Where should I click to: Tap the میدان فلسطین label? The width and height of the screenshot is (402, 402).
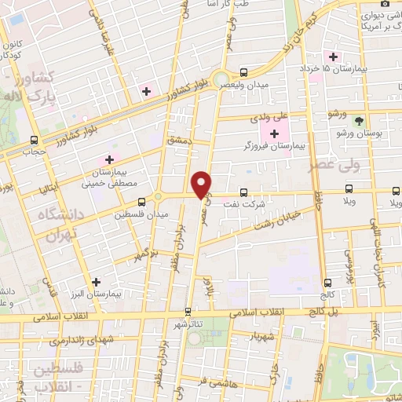coord(135,214)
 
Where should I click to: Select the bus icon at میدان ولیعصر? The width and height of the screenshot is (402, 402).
coord(243,71)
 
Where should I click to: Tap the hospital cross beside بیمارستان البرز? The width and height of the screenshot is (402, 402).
coord(96,281)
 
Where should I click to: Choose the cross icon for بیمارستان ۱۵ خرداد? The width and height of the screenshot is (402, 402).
coord(334,57)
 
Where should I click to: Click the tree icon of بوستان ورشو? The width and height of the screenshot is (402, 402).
coord(359,122)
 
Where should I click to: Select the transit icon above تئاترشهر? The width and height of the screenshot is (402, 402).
coord(187,311)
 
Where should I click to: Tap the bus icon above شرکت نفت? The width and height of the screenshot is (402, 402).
coord(243,191)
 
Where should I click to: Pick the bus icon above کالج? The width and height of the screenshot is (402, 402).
coord(327,283)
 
